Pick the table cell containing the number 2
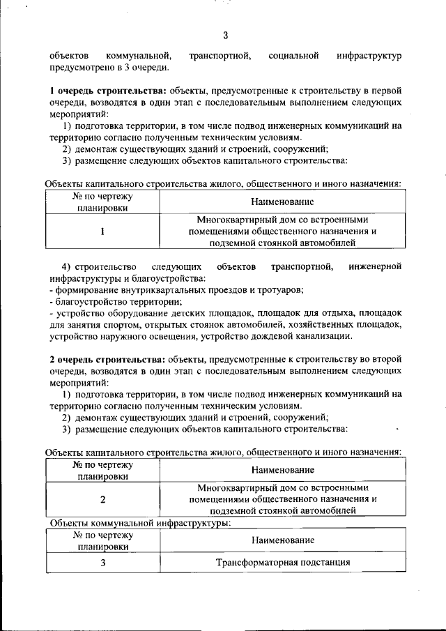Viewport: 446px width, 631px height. [102, 499]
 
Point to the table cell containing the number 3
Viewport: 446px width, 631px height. [102, 563]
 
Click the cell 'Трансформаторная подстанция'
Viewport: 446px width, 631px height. [282, 563]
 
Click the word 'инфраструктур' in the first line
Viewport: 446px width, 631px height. [369, 56]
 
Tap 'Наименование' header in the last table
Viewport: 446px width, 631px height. [282, 540]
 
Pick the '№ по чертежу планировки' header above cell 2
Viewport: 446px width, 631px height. [102, 471]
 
